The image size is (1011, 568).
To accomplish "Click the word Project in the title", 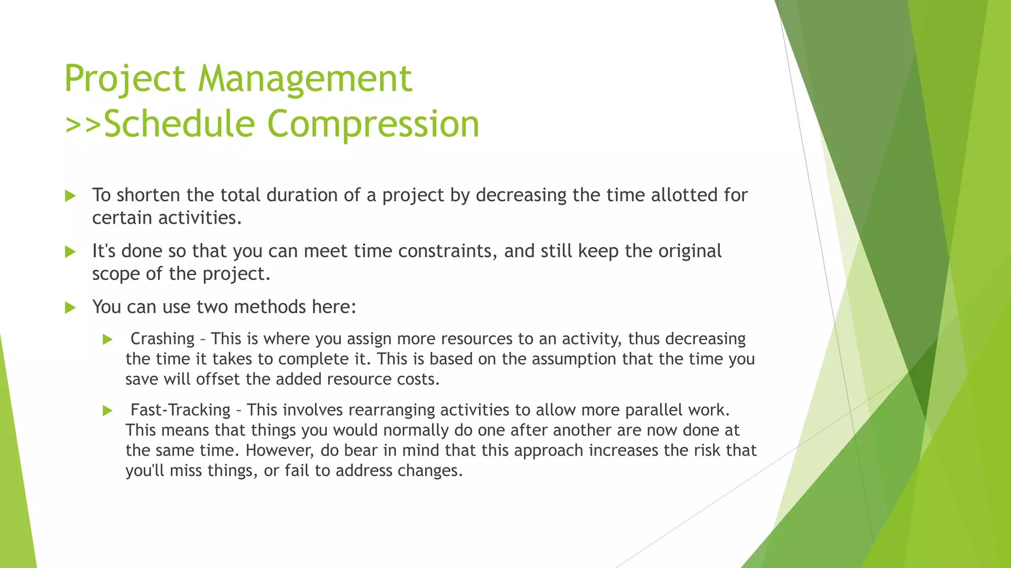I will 125,79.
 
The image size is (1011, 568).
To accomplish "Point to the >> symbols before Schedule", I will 83,124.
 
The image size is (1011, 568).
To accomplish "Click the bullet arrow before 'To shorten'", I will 70,196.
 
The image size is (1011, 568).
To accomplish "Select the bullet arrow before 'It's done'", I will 70,252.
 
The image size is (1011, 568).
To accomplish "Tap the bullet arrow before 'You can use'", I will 70,308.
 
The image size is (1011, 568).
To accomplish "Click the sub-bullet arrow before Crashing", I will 108,340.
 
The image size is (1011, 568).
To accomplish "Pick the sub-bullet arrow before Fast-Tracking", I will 108,411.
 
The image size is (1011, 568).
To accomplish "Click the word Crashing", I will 162,339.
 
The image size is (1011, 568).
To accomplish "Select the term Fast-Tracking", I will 180,410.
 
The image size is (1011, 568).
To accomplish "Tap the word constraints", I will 445,251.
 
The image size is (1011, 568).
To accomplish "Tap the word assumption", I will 574,359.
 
